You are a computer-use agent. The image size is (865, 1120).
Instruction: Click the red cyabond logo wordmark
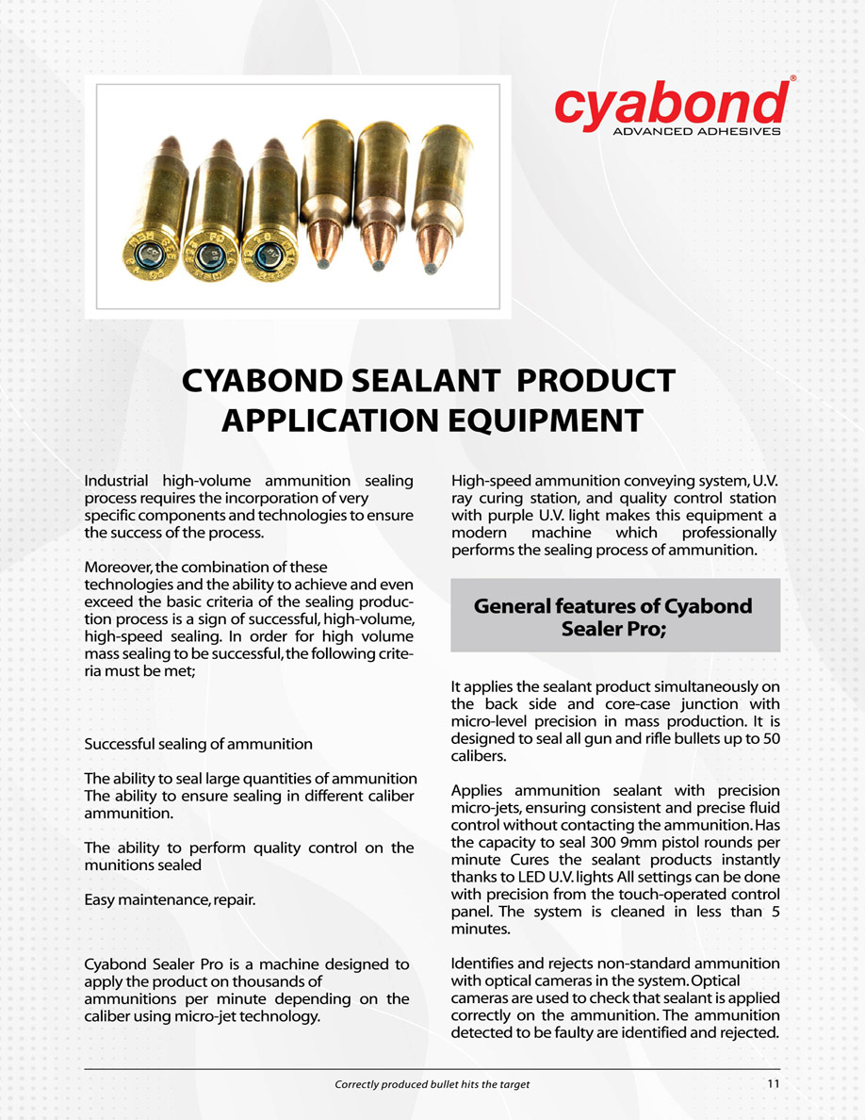670,104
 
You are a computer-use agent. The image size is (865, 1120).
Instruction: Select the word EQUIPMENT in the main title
537,420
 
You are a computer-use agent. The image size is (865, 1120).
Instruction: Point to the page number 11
774,1084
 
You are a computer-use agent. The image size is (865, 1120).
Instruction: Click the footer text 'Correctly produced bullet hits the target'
432,1084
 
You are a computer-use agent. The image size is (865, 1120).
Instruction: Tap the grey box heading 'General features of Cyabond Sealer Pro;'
614,617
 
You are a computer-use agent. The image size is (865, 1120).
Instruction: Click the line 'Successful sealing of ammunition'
198,744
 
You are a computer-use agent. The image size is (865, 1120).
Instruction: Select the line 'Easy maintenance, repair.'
170,901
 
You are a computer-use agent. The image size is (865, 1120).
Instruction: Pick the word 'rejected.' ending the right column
746,1032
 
